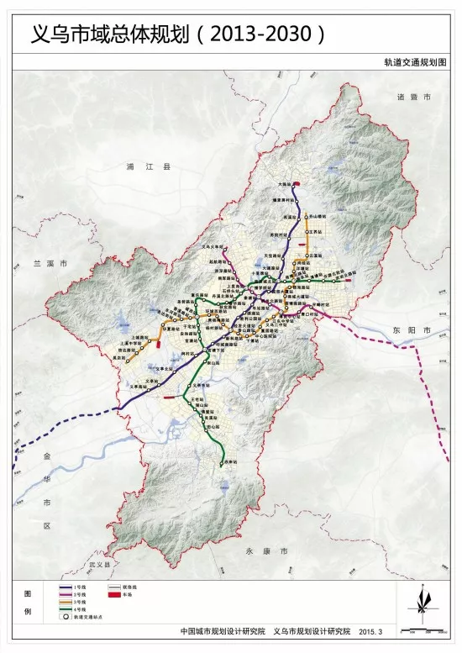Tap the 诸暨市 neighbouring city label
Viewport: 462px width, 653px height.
[413, 98]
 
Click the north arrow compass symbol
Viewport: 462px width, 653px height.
[420, 600]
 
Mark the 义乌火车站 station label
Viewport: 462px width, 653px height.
[213, 247]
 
